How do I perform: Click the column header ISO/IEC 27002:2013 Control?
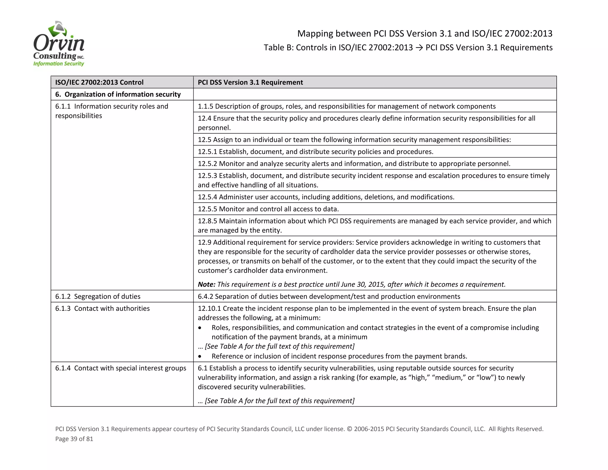(99, 82)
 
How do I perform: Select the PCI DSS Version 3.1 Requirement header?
(250, 82)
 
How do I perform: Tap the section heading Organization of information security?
(118, 94)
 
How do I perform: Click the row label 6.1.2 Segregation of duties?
(98, 296)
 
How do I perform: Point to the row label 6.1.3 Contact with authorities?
(102, 308)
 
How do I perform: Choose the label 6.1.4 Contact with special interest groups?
(121, 368)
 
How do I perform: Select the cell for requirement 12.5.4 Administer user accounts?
(326, 197)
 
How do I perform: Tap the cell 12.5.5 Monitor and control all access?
(268, 209)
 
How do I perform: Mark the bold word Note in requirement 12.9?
(206, 284)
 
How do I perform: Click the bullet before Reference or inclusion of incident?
(200, 356)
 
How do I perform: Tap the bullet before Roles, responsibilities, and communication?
(200, 328)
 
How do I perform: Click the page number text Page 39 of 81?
(74, 439)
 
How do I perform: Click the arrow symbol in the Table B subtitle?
(419, 48)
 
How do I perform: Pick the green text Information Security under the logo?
(58, 64)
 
